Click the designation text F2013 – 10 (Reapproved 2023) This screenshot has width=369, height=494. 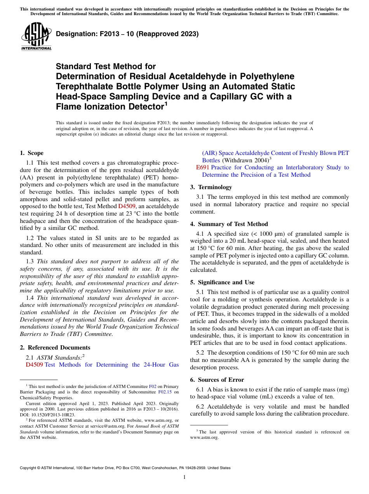127,34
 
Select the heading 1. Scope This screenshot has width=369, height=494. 31,153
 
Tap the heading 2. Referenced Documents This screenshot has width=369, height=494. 55,348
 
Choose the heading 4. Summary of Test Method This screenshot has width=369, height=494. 229,224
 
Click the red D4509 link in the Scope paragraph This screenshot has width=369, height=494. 126,206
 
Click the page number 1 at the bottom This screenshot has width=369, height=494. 184,477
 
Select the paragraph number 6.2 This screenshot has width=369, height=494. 201,407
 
